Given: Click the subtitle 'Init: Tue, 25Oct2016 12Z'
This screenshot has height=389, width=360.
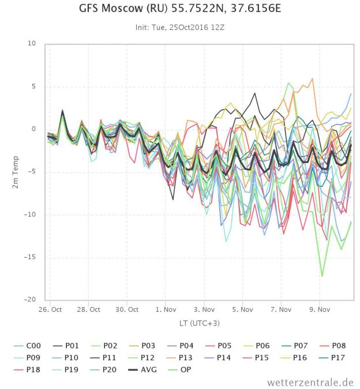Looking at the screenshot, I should click(x=179, y=27).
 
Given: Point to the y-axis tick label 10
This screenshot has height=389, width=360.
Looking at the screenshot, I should click(x=32, y=44).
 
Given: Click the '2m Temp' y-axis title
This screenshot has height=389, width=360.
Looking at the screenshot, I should click(x=16, y=172).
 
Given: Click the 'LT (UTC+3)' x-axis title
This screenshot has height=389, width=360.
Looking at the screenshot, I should click(x=200, y=323).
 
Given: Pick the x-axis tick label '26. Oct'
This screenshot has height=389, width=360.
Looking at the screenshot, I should click(x=50, y=309).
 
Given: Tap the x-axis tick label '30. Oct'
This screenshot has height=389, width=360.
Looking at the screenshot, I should click(x=127, y=309).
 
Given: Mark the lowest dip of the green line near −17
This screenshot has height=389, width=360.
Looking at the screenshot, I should click(x=322, y=276).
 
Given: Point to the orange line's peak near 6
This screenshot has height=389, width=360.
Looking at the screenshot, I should click(x=312, y=78).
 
